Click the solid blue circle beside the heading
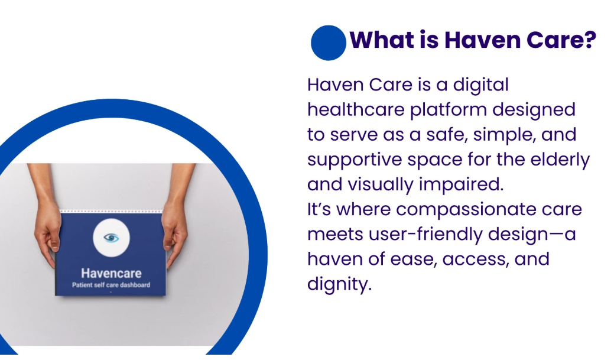328,43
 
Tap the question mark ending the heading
587,40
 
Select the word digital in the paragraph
480,85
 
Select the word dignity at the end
339,284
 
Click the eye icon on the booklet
111,238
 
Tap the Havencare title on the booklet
111,273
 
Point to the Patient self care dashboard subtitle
111,286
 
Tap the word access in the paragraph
472,260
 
